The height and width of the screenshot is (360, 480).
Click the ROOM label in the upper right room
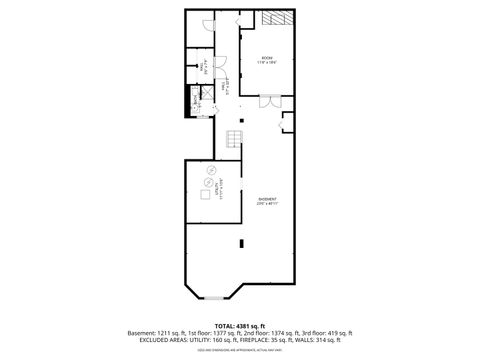tap(268, 59)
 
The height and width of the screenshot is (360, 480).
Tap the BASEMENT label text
tap(267, 199)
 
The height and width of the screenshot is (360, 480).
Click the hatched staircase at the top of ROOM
tap(276, 18)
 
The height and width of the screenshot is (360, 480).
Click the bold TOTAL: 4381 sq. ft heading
tap(239, 325)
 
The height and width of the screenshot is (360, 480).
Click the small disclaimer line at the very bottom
tap(239, 350)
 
